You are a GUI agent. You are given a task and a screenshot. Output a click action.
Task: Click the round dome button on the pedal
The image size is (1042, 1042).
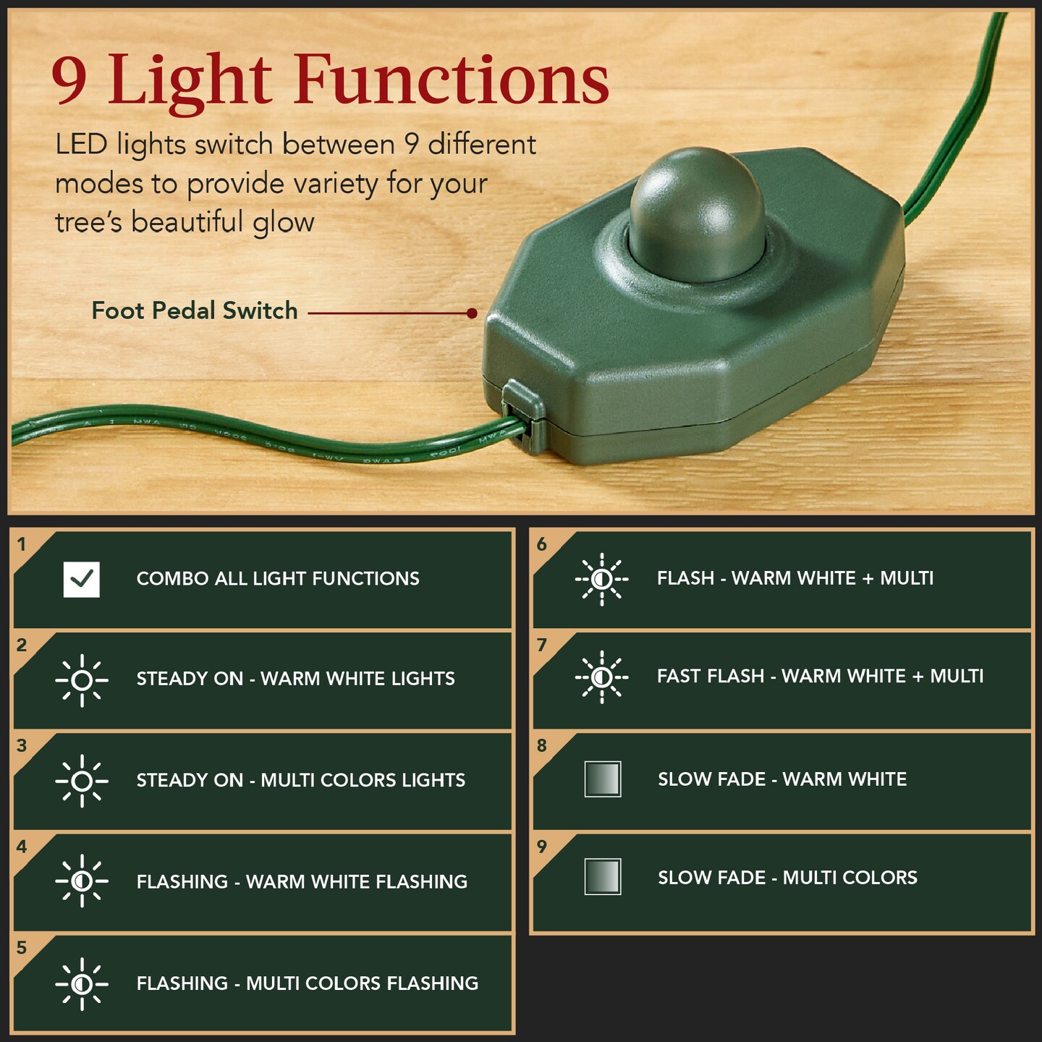click(x=696, y=213)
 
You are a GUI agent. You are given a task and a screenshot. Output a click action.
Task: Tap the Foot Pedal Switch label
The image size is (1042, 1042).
click(x=195, y=310)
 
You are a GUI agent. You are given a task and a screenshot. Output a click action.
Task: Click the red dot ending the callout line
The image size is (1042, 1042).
click(x=472, y=313)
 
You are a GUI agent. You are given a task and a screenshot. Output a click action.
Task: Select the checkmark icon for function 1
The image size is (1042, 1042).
click(x=82, y=579)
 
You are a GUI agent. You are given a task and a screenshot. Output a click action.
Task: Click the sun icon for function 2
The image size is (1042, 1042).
click(x=82, y=680)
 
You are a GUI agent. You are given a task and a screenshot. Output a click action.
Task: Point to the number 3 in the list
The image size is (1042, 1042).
click(x=22, y=746)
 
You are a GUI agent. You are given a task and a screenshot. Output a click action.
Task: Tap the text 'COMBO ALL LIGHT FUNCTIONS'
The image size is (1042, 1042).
click(x=278, y=579)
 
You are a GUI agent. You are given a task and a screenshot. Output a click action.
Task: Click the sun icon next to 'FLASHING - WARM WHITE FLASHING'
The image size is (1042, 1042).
click(x=82, y=881)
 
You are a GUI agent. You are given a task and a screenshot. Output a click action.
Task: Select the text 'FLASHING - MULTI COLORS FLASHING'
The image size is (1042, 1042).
click(x=308, y=983)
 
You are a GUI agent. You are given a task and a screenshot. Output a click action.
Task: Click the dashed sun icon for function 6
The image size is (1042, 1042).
click(x=601, y=579)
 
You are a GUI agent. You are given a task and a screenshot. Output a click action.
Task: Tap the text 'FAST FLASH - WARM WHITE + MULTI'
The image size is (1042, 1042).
click(x=820, y=677)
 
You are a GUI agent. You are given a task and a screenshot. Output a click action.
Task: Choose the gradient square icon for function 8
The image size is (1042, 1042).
click(x=603, y=779)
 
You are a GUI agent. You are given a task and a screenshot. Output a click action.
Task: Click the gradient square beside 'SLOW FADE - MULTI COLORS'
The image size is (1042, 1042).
click(x=603, y=877)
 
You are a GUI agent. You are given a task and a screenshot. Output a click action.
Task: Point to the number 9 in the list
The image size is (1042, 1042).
click(x=542, y=847)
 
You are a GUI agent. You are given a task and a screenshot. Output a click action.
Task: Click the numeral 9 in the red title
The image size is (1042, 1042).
click(x=69, y=81)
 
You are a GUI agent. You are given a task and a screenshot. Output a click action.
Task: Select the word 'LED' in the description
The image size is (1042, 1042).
click(x=81, y=145)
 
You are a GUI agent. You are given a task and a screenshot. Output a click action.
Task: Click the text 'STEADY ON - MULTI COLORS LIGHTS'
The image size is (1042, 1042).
click(x=301, y=781)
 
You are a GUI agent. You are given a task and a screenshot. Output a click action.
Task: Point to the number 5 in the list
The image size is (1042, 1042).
click(x=22, y=948)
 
